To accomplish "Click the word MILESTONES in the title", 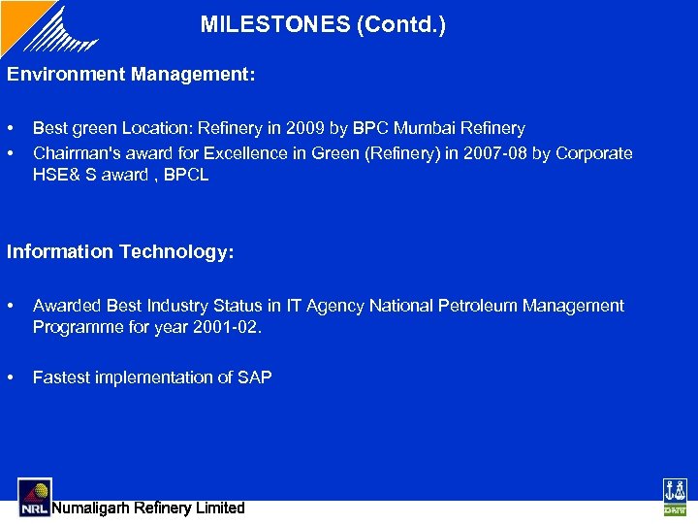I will pos(275,24).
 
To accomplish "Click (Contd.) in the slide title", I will pos(401,24).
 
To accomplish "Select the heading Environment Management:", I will pos(132,74).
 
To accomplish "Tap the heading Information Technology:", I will pos(121,251).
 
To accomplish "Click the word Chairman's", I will pos(76,153).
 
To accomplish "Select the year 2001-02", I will pos(226,327).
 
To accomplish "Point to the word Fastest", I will pos(60,377).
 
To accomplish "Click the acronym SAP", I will pos(255,377).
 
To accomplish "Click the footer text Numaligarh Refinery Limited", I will pos(148,508).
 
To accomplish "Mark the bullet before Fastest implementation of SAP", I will pos(11,377).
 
